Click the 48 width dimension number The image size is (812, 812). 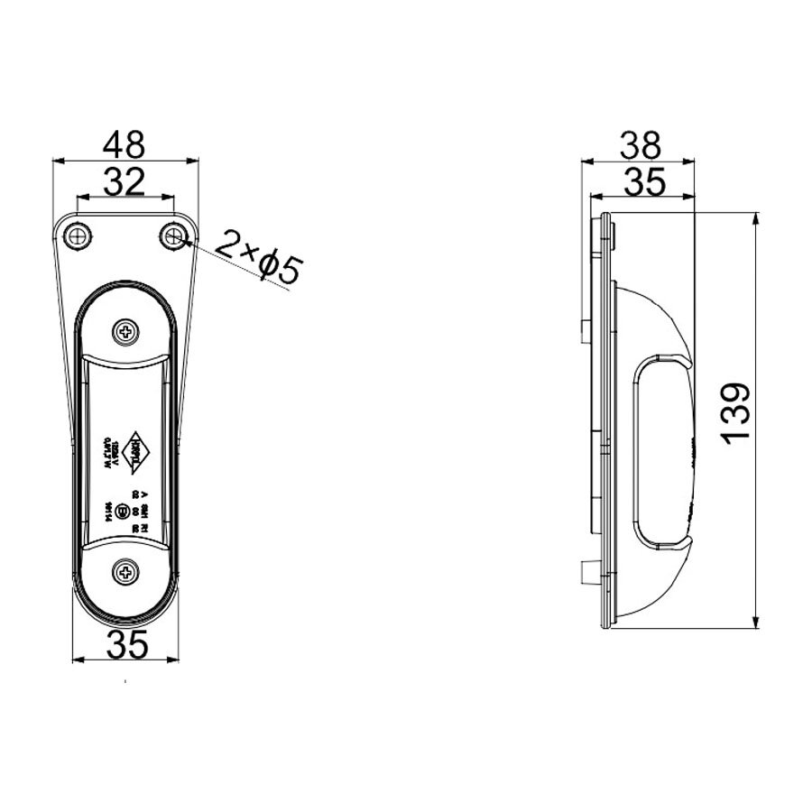(x=125, y=144)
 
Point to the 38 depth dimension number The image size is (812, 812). (x=640, y=144)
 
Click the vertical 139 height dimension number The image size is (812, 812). (x=736, y=413)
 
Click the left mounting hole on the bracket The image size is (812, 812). (x=78, y=236)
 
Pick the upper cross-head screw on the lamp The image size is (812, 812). (x=125, y=332)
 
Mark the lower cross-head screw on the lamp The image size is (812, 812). (x=125, y=570)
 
